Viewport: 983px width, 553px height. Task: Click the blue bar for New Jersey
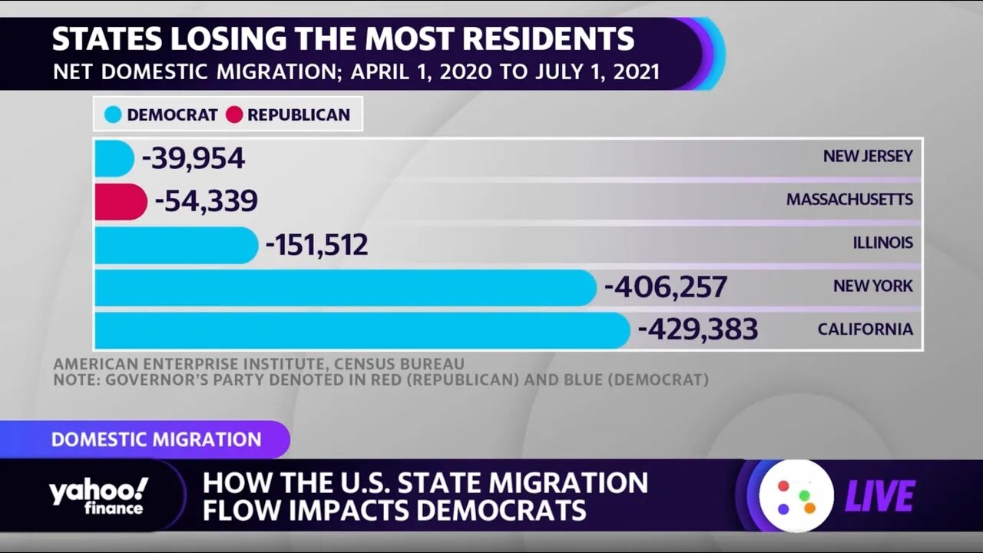114,158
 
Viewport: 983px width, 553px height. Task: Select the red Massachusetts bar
121,201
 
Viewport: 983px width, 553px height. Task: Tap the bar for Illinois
176,245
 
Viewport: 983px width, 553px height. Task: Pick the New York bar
345,287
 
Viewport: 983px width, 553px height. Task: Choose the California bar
362,330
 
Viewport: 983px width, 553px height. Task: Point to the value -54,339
206,201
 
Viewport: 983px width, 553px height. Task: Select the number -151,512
316,245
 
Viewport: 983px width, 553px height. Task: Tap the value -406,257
666,287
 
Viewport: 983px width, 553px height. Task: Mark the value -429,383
698,330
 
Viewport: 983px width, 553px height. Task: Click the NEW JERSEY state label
868,156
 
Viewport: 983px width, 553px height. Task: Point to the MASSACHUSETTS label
849,200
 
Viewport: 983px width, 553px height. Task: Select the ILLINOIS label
882,243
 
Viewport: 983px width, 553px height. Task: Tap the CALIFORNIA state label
865,329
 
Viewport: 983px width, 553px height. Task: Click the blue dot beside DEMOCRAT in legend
114,115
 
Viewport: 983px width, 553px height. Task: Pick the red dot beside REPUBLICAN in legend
234,115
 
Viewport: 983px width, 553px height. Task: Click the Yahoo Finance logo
98,496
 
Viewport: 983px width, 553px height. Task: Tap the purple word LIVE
880,496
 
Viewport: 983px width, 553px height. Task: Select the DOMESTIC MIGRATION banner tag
156,440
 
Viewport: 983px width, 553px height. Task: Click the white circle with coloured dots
796,496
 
